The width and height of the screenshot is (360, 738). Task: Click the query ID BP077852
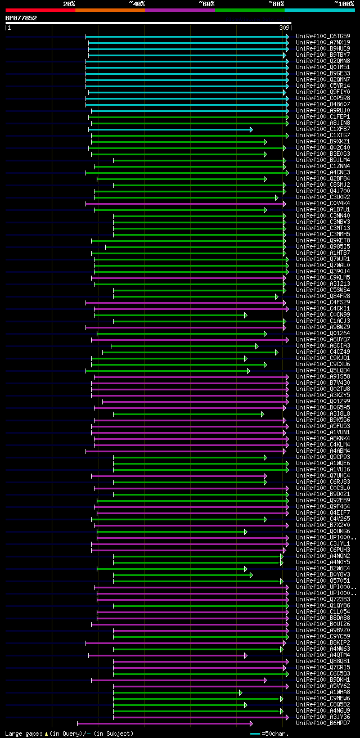[x=21, y=18]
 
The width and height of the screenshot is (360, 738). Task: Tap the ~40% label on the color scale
[x=137, y=3]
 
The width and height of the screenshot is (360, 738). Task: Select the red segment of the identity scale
[x=40, y=10]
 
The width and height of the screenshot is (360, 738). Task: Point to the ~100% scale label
[x=344, y=3]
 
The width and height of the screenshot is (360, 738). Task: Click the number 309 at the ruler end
[x=284, y=28]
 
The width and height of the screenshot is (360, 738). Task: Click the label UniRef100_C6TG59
[x=323, y=36]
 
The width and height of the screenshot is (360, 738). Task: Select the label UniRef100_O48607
[x=323, y=104]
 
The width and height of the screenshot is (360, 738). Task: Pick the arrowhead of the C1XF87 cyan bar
[x=251, y=129]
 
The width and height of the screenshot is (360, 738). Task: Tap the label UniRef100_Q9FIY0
[x=323, y=92]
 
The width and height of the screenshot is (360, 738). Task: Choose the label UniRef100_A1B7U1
[x=323, y=209]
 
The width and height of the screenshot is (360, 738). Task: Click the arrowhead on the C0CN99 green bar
[x=245, y=315]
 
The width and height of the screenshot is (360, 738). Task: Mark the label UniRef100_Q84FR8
[x=323, y=296]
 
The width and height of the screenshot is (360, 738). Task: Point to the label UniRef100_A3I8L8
[x=323, y=413]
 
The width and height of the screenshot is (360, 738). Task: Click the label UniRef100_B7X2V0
[x=323, y=525]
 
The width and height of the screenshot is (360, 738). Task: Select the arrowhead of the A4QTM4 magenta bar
[x=245, y=655]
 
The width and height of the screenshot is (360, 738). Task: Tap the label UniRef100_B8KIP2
[x=323, y=642]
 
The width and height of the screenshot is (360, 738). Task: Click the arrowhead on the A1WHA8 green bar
[x=240, y=692]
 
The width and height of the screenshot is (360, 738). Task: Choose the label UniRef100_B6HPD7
[x=323, y=723]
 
